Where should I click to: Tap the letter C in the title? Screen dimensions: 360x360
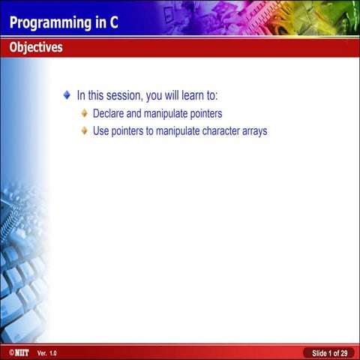pos(113,22)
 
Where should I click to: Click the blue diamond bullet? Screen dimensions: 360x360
pos(67,95)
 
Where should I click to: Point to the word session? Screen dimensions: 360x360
pos(119,96)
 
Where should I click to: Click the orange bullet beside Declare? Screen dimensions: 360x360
pos(85,113)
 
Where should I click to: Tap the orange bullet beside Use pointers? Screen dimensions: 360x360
pos(85,130)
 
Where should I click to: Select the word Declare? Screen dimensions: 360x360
pos(109,114)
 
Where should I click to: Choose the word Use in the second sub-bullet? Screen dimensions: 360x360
pos(100,131)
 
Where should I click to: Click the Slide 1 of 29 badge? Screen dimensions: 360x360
pos(329,352)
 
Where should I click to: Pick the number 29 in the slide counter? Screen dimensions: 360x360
pos(343,352)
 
